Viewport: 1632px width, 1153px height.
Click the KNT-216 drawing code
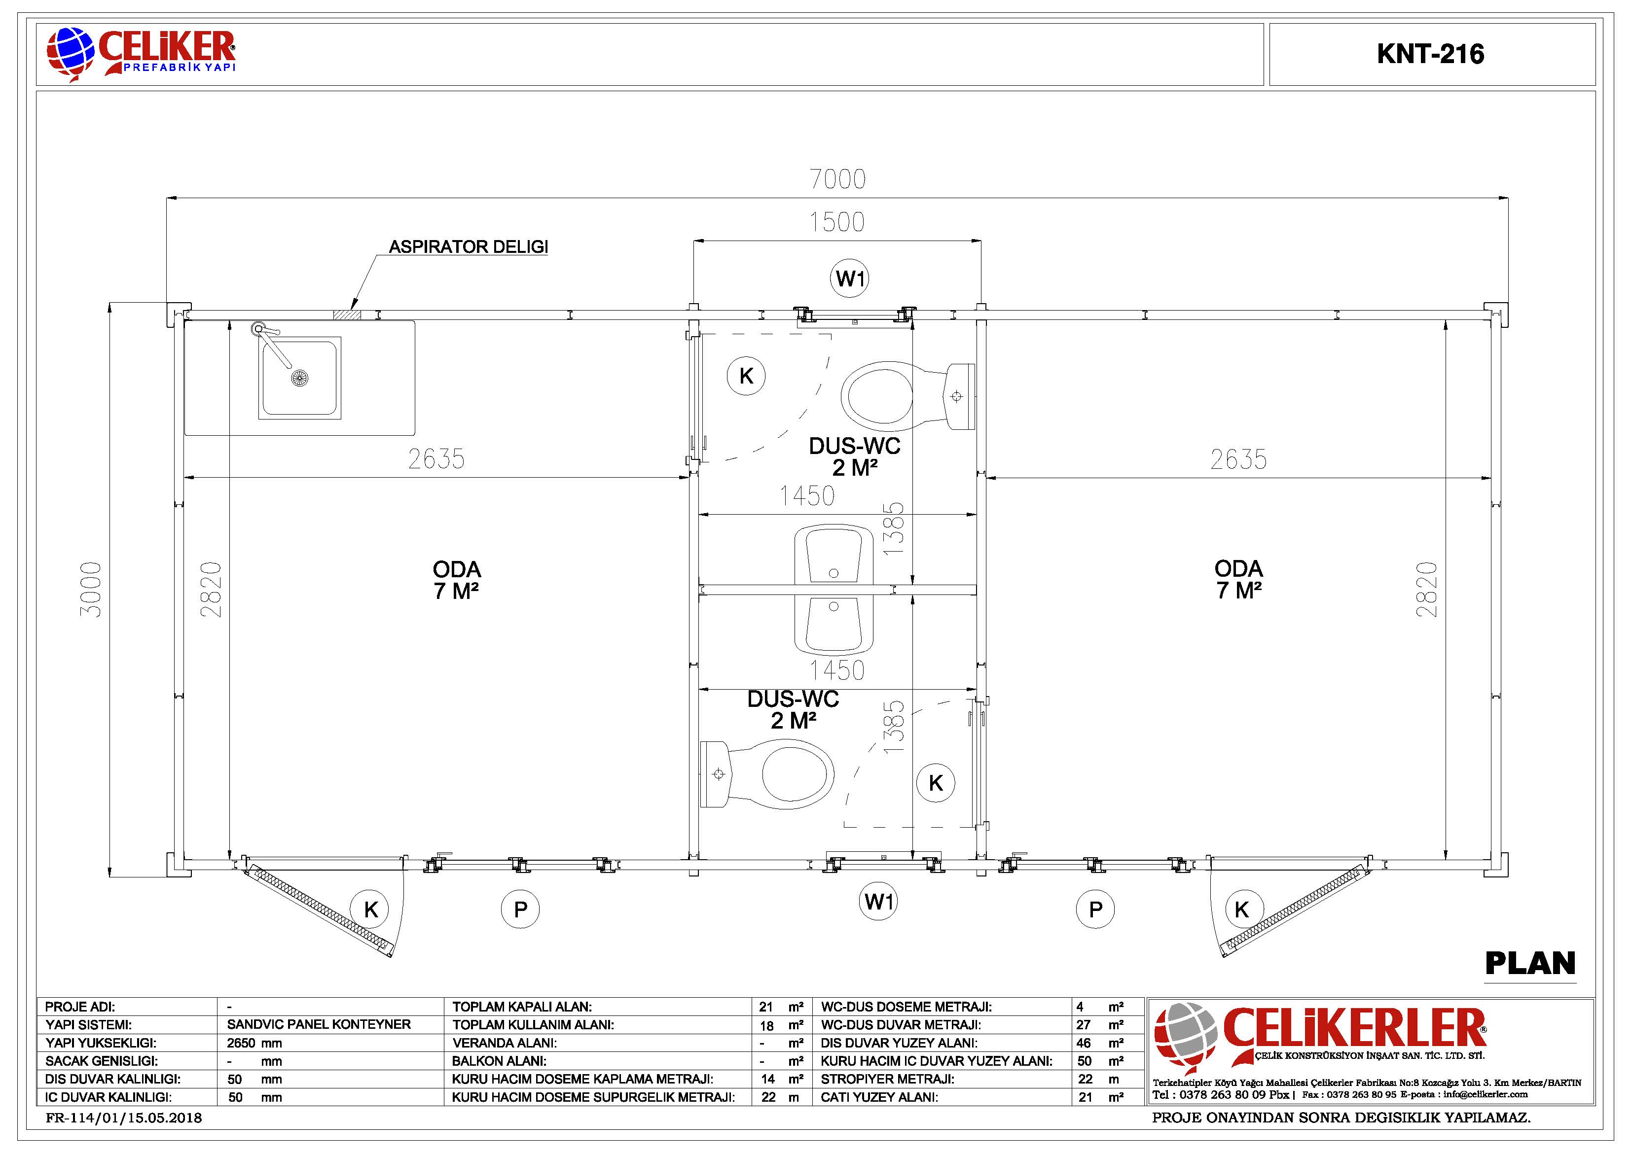pos(1430,55)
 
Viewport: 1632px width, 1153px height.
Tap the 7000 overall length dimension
pos(838,179)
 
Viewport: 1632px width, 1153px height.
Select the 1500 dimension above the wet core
pos(837,222)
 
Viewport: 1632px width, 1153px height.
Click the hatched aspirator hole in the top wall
pos(347,314)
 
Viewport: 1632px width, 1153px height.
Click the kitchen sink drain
pos(300,378)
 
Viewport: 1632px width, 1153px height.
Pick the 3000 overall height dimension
pos(91,589)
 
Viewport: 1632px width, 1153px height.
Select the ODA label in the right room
pos(1239,568)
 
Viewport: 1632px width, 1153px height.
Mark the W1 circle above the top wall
pos(850,279)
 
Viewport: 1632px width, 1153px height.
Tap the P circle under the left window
pos(520,909)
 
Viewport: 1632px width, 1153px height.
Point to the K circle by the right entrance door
pos(1242,909)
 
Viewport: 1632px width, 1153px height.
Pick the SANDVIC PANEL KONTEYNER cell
pos(319,1024)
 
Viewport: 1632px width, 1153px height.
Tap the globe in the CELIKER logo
pos(71,51)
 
